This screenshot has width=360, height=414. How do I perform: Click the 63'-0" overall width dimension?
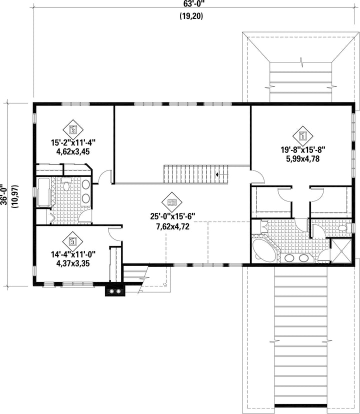(x=191, y=4)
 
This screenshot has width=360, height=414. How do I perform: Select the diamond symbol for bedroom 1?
(x=302, y=136)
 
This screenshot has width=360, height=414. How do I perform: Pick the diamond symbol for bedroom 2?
(x=73, y=129)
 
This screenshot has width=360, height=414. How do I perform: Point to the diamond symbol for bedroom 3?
(x=73, y=241)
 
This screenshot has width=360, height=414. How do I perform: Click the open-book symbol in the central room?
(x=172, y=202)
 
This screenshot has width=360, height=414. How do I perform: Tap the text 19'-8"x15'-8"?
(x=302, y=150)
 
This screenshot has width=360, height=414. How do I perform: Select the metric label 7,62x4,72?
(x=172, y=226)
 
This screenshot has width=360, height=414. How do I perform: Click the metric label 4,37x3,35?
(x=73, y=263)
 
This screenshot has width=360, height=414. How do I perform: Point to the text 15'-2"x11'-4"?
(x=73, y=143)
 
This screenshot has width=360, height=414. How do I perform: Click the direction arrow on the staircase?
(x=217, y=174)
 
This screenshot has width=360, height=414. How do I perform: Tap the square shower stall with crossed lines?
(x=341, y=251)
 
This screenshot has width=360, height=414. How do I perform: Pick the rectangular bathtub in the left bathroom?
(x=44, y=192)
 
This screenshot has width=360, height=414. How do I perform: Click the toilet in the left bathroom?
(x=66, y=185)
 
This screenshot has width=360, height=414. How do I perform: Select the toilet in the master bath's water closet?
(x=344, y=228)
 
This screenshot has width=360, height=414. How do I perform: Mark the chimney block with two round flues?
(x=115, y=291)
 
